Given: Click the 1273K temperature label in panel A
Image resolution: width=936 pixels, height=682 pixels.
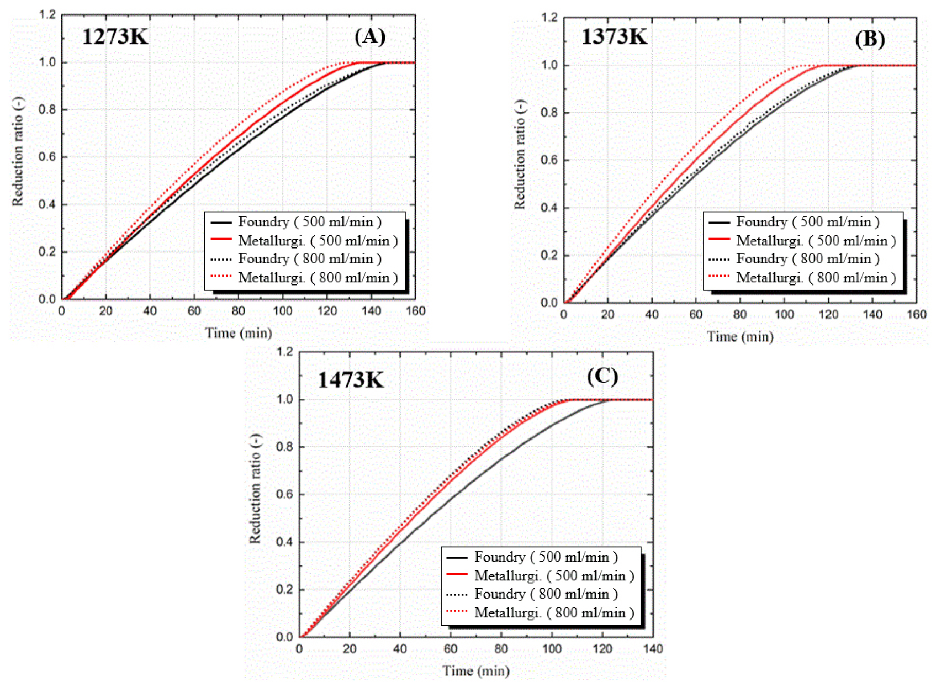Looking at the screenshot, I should point(115,37).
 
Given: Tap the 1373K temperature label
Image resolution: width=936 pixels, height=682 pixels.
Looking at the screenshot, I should point(614,37).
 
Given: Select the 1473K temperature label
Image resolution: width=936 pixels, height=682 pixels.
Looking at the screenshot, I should point(351,380).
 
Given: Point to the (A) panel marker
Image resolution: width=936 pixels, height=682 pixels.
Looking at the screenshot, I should point(369,36).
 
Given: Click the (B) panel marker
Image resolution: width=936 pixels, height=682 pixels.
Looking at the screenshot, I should point(870,39).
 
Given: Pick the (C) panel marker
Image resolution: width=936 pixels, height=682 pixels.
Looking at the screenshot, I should point(602,376).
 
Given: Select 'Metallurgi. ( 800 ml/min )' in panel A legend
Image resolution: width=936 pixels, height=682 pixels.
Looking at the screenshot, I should point(318,278).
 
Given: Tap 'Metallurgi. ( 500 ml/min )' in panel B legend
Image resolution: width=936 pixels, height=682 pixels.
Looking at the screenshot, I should point(816,241).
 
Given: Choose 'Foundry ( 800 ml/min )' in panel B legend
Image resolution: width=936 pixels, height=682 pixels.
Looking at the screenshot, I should point(808,259).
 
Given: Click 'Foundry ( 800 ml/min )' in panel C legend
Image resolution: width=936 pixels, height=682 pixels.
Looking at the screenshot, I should point(546,594).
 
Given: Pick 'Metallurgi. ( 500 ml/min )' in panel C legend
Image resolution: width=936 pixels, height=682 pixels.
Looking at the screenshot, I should point(554,576).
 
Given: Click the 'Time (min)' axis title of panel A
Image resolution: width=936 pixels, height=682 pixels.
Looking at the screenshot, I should point(239,333).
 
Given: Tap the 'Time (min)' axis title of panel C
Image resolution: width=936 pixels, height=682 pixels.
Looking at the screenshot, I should point(475,671).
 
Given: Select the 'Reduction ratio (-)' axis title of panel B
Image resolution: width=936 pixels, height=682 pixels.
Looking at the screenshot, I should point(520,155).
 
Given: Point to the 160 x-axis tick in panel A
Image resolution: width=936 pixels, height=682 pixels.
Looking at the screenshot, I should point(415,311).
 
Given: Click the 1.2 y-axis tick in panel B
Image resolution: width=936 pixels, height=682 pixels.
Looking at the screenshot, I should point(550,18).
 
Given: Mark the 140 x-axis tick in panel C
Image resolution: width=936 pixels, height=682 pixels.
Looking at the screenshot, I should point(653,649).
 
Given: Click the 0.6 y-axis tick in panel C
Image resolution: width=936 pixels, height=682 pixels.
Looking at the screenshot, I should point(285,494).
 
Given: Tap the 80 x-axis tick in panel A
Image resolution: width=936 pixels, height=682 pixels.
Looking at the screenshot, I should point(238,311).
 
